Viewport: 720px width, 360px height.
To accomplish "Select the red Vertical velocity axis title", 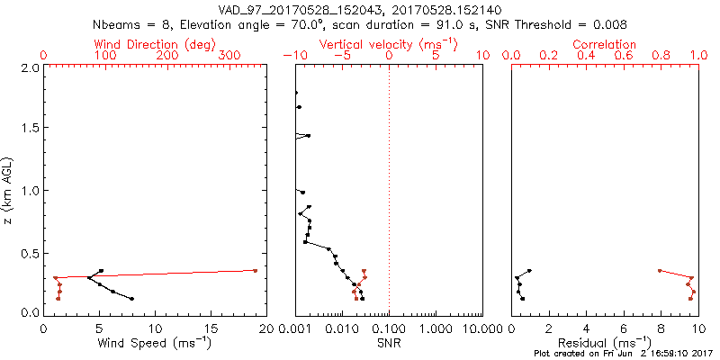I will coord(388,44).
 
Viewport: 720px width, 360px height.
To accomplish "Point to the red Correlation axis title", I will coord(605,44).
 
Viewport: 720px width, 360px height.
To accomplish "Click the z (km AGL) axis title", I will coord(10,190).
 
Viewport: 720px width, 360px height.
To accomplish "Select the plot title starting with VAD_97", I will coord(360,10).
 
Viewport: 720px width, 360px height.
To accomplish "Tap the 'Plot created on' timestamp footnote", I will coord(624,354).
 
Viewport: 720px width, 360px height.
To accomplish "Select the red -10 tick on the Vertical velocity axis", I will coord(293,56).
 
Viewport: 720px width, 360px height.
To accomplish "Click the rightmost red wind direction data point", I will coord(256,270).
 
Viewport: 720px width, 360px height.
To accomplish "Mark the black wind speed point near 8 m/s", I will coord(132,299).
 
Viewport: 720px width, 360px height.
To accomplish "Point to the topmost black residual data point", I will coord(529,270).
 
